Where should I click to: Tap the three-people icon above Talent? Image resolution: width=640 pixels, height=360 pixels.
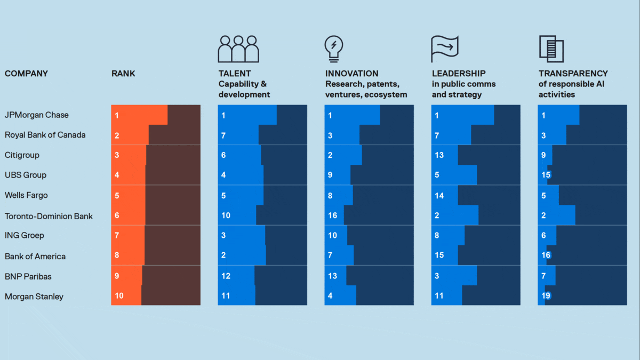click(238, 49)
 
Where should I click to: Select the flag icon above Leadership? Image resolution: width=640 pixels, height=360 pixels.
click(444, 49)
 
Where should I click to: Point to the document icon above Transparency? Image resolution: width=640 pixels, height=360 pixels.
click(551, 49)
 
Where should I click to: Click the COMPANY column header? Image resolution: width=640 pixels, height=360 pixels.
click(26, 74)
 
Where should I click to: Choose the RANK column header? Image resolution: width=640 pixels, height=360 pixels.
click(123, 74)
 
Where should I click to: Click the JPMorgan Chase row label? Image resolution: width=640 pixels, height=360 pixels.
click(37, 115)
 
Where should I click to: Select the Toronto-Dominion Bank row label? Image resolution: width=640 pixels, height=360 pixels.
click(49, 216)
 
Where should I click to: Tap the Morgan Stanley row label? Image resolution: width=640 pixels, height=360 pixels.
click(34, 297)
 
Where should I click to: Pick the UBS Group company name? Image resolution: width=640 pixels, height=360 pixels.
click(26, 175)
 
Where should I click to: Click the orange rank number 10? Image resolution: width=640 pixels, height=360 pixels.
click(119, 295)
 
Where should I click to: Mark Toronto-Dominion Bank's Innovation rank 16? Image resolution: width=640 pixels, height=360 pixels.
click(332, 215)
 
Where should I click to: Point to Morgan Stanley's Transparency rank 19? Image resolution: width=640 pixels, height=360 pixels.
click(546, 295)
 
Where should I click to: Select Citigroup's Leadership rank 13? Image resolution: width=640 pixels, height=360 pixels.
click(439, 155)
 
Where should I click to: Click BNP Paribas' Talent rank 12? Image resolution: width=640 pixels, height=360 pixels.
click(226, 276)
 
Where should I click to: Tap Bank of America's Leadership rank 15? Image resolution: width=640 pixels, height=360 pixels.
click(439, 255)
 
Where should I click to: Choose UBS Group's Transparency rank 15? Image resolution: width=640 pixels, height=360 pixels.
click(546, 175)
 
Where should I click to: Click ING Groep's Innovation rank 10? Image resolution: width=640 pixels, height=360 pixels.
click(332, 235)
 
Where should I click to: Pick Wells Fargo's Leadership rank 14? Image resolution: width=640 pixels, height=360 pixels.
click(439, 196)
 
